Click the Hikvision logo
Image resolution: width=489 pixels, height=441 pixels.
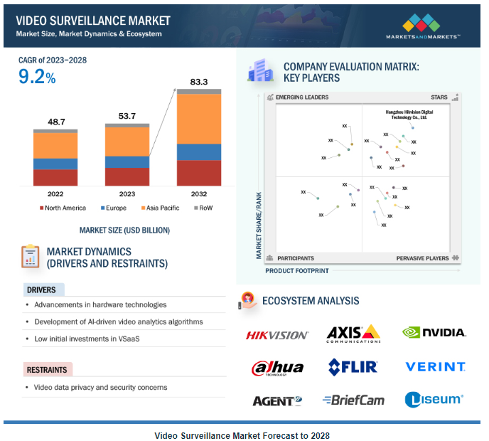[277, 334]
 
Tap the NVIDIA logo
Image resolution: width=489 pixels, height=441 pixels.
[434, 332]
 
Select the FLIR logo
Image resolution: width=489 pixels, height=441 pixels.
[353, 367]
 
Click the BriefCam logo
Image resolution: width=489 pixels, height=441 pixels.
[353, 400]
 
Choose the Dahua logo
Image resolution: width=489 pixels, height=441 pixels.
[277, 368]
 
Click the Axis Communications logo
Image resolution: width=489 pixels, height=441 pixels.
[353, 333]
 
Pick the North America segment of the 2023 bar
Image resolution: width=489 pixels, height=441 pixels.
[127, 176]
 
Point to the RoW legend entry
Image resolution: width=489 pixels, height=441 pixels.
[203, 208]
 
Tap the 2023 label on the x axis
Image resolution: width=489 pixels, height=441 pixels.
[127, 193]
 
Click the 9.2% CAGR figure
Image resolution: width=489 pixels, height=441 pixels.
[37, 77]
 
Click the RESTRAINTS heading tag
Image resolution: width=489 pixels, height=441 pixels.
[48, 370]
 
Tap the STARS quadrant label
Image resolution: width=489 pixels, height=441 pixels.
[439, 97]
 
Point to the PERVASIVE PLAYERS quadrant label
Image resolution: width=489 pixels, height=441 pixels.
[423, 258]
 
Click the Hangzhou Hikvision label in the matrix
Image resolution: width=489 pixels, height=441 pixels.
[409, 115]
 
